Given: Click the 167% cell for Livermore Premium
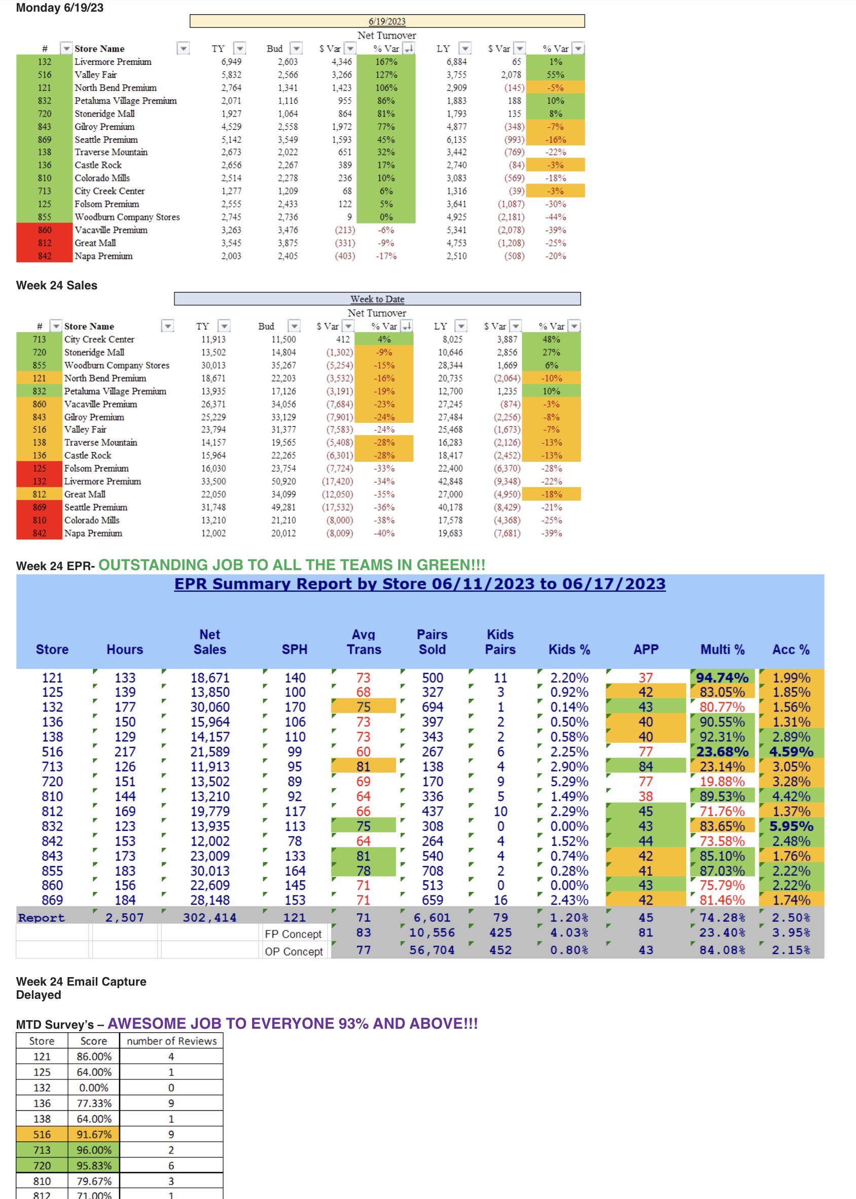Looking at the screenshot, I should point(386,62).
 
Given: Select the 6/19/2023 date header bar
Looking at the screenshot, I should point(387,21).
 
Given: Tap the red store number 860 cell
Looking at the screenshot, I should point(44,230).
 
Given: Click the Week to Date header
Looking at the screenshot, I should point(377,298).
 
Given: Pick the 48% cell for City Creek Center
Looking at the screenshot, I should point(551,339).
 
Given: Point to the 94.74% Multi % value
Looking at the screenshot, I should point(722,678).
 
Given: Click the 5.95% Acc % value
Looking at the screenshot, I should point(791,826).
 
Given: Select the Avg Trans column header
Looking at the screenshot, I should point(364,642).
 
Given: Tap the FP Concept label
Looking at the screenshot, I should point(293,934).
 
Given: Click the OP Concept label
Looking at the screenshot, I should point(294,951).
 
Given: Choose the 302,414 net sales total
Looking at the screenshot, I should point(210,918).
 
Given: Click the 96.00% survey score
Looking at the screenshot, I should point(94,1150).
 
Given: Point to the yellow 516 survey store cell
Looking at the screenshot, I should point(42,1134).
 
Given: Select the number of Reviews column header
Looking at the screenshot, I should point(171,1041).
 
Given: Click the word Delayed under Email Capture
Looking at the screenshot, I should point(39,995).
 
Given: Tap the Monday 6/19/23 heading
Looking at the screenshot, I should point(59,8).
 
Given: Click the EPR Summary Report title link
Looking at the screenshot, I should point(419,584).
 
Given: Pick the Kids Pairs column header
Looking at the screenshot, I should point(500,642).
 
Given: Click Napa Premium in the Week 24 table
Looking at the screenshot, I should point(93,533).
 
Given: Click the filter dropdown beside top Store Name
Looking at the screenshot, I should point(183,49).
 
